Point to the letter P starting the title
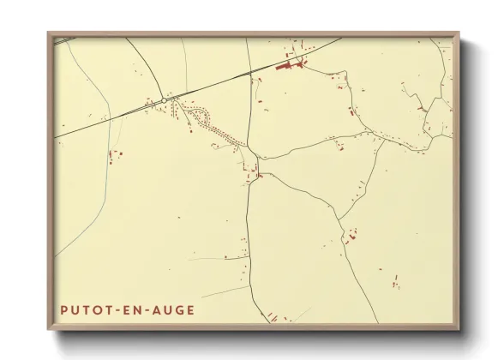(x=63, y=309)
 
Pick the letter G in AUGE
(x=178, y=309)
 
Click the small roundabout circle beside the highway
(x=164, y=100)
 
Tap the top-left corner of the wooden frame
(x=49, y=34)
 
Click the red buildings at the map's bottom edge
(x=273, y=317)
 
